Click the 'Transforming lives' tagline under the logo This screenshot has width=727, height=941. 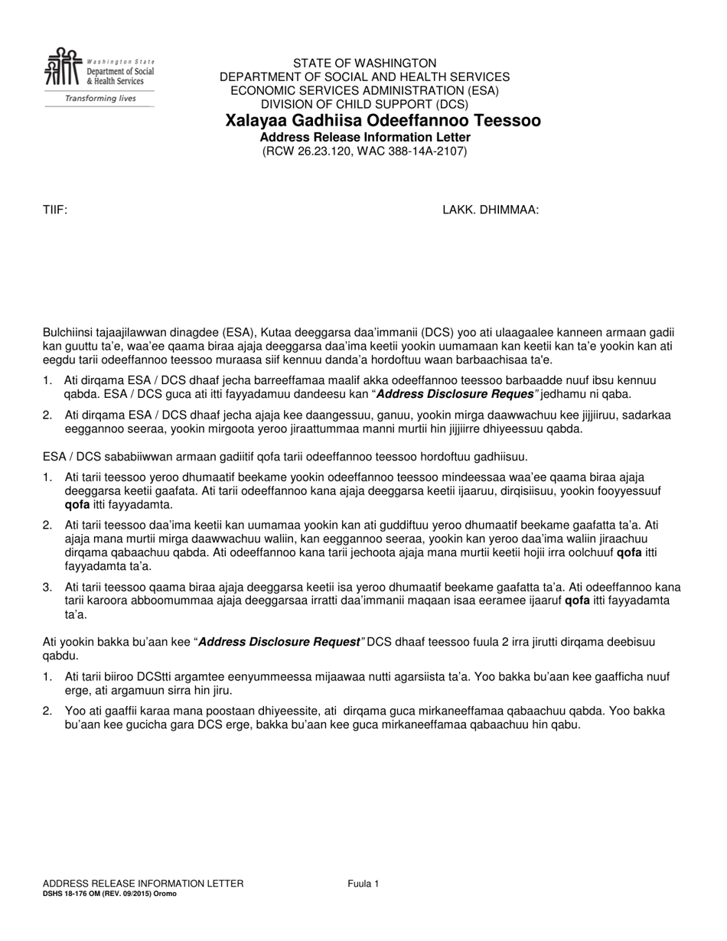99,99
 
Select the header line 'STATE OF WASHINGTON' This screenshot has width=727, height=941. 364,63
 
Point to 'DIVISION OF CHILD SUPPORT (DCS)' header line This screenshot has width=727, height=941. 364,104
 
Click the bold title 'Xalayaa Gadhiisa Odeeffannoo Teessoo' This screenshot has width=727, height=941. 383,121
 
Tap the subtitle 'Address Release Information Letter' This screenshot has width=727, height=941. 365,137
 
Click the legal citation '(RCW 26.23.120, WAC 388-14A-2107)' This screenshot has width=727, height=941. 364,151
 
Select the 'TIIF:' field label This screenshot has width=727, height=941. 55,210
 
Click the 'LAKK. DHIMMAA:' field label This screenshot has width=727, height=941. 491,210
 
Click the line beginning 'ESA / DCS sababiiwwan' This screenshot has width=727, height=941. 285,457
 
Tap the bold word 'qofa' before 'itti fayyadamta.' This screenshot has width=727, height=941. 77,505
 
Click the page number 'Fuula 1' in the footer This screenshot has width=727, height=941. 363,884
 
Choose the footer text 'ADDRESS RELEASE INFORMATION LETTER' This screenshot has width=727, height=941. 143,884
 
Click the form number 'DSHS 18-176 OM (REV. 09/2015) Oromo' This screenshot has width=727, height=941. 109,893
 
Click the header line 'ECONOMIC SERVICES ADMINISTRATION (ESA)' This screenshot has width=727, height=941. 364,90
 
